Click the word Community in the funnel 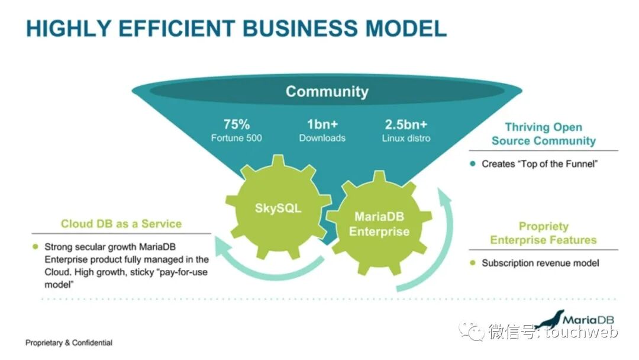point(327,92)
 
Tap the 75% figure point(237,124)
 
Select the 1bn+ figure point(322,124)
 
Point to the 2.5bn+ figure point(406,124)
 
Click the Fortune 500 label point(237,138)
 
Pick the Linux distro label point(406,138)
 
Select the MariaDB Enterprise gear point(379,224)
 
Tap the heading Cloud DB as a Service point(121,224)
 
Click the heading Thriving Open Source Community point(543,134)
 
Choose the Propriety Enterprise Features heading point(543,233)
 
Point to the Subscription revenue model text point(540,263)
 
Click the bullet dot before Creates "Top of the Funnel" point(472,164)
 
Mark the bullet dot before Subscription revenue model point(472,263)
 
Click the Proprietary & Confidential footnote point(69,343)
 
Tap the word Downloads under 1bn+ point(322,138)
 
